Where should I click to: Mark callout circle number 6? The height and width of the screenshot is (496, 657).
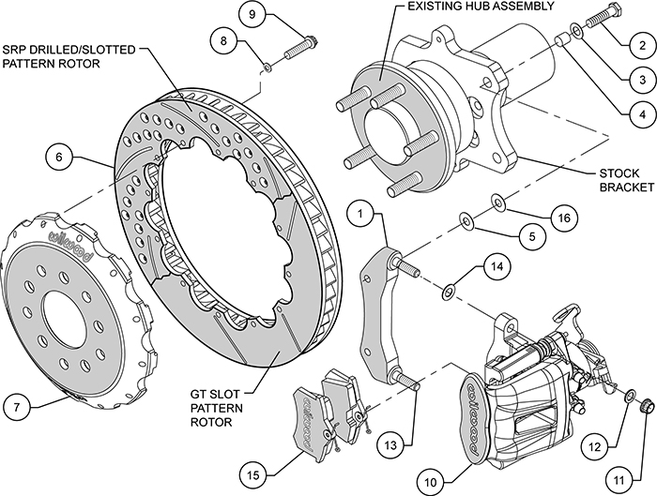pyautogui.click(x=58, y=158)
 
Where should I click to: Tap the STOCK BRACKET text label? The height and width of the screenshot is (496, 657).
pyautogui.click(x=619, y=181)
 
